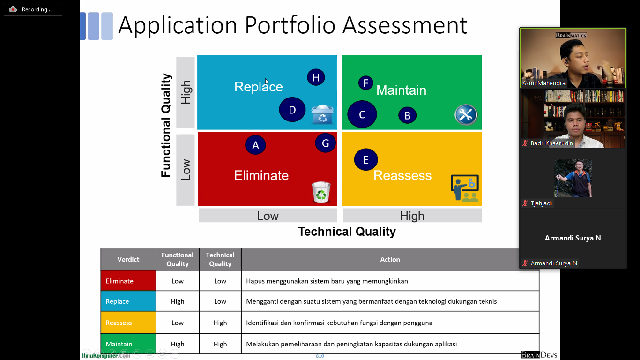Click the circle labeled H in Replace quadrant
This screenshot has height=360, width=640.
pyautogui.click(x=316, y=77)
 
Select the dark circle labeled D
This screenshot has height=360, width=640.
pyautogui.click(x=292, y=110)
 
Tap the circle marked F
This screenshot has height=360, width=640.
pyautogui.click(x=365, y=83)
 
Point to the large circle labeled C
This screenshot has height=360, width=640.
pyautogui.click(x=362, y=114)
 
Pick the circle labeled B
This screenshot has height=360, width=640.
pyautogui.click(x=407, y=115)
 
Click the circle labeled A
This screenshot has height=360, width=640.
pyautogui.click(x=255, y=145)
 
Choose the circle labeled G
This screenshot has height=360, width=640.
pyautogui.click(x=326, y=143)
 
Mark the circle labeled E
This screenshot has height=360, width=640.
pyautogui.click(x=366, y=159)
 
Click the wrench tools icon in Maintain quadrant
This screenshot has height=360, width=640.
pyautogui.click(x=466, y=115)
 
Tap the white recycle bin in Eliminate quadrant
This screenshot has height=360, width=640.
pyautogui.click(x=321, y=192)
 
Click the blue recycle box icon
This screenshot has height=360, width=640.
pyautogui.click(x=322, y=114)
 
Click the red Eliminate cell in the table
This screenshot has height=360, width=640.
pyautogui.click(x=128, y=281)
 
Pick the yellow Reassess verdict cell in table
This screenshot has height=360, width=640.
pyautogui.click(x=128, y=322)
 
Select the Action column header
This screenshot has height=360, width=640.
pyautogui.click(x=390, y=259)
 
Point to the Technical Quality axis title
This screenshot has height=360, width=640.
pyautogui.click(x=347, y=231)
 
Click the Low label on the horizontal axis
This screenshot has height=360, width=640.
pyautogui.click(x=268, y=216)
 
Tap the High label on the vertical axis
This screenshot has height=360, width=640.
pyautogui.click(x=186, y=92)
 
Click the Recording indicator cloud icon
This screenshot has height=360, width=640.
pyautogui.click(x=13, y=9)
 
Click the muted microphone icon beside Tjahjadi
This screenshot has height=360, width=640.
pyautogui.click(x=525, y=203)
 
